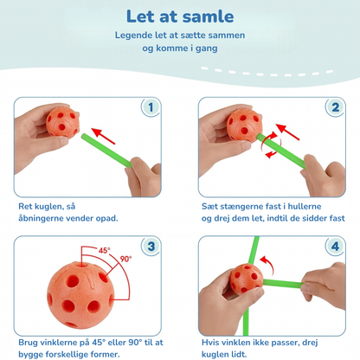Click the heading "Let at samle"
(180, 16)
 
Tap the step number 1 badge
(151, 107)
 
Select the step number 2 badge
(335, 107)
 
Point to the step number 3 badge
(151, 247)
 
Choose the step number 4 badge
(335, 247)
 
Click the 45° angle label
(104, 250)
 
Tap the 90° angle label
(125, 259)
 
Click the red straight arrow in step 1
(104, 136)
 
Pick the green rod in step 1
(106, 150)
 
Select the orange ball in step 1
(62, 122)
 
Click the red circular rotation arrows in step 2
(271, 145)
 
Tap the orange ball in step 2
(244, 125)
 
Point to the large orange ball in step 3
(80, 295)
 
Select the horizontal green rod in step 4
(283, 284)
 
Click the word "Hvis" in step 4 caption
(211, 343)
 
